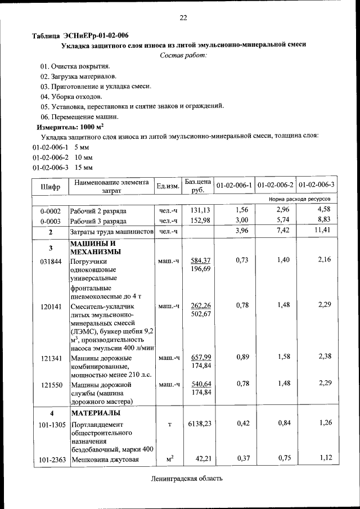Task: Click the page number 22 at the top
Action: (x=183, y=18)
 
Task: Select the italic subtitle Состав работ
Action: (x=183, y=55)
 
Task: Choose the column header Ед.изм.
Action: (x=168, y=186)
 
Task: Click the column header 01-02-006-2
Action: (x=276, y=185)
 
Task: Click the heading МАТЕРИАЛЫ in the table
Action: (x=94, y=414)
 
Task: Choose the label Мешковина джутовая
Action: (x=105, y=460)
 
